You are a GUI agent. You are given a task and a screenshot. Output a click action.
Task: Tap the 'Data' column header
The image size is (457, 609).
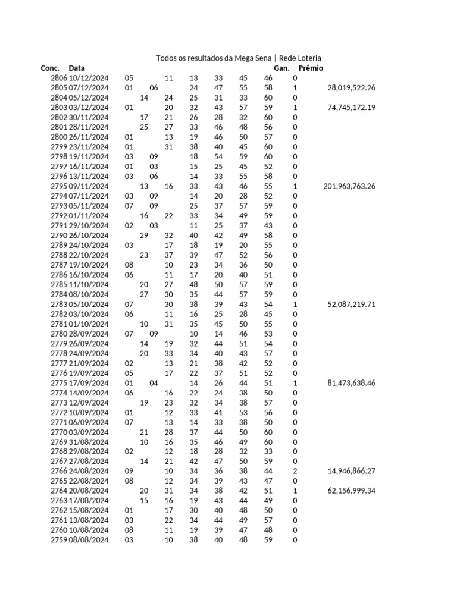(x=77, y=68)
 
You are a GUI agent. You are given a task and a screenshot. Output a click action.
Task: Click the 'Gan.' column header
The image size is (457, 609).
(x=281, y=68)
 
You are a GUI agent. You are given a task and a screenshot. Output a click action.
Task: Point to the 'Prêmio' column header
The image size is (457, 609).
(x=311, y=68)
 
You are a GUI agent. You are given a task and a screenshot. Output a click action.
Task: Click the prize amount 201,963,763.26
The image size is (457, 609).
(x=349, y=186)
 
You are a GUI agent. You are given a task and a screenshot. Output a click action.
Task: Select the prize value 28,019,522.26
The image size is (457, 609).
(x=351, y=88)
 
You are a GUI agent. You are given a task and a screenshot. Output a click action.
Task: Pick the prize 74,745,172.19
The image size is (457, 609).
(x=351, y=108)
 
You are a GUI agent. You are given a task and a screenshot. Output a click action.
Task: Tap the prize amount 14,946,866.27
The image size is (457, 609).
(x=351, y=471)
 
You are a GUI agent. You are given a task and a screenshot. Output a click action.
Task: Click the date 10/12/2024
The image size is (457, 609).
(x=89, y=78)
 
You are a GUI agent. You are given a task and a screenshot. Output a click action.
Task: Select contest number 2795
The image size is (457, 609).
(x=59, y=186)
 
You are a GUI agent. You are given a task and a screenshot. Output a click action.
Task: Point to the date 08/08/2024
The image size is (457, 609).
(x=89, y=540)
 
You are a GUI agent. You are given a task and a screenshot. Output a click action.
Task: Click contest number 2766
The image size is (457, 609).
(x=59, y=471)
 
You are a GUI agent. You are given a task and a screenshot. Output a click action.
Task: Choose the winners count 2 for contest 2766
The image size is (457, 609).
(x=295, y=471)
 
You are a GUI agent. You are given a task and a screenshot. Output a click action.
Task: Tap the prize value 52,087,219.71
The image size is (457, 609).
(x=351, y=304)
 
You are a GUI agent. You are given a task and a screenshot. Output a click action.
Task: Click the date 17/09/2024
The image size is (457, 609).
(x=89, y=383)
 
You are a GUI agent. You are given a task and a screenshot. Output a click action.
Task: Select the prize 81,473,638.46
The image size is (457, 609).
(x=351, y=383)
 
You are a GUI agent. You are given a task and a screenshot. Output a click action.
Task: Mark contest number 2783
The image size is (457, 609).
(x=59, y=304)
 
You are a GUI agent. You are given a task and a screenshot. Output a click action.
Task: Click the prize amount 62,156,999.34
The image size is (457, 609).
(x=351, y=491)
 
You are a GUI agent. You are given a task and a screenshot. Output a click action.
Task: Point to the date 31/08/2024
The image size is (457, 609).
(x=89, y=442)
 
